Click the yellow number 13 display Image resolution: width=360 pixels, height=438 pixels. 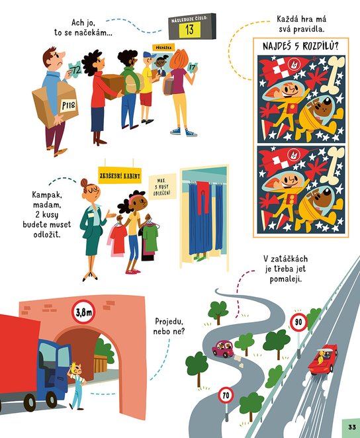189,29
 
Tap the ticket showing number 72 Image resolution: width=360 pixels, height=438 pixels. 75,69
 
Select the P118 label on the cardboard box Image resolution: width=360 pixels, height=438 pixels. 68,106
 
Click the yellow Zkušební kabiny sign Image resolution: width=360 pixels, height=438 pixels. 120,176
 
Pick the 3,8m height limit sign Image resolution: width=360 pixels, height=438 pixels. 83,312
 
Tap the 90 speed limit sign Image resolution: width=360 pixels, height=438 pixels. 298,322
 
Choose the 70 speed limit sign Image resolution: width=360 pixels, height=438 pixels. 226,395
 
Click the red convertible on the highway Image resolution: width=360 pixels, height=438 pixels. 324,359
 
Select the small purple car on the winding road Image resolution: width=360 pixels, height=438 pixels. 222,349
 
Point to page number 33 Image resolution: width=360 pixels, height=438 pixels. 352,427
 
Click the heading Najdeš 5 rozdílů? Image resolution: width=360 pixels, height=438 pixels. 300,46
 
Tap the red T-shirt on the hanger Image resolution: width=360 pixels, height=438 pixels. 118,238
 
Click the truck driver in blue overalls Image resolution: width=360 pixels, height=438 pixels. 77,386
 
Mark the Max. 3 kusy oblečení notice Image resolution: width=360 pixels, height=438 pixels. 162,187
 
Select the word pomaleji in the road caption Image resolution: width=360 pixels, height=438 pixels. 286,279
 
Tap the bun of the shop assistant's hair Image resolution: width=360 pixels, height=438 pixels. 84,183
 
